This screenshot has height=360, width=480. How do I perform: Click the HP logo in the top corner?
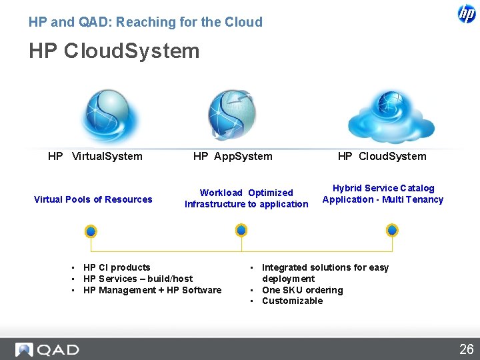tap(467, 13)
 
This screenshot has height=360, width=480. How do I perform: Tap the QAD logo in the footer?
tap(48, 349)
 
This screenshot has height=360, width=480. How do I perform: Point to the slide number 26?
tap(466, 349)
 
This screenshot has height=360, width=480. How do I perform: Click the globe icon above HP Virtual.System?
tap(109, 115)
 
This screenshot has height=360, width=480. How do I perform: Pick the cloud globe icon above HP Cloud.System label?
tap(391, 115)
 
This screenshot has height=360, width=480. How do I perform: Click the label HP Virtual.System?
tap(95, 156)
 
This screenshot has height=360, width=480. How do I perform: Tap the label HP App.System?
tap(233, 156)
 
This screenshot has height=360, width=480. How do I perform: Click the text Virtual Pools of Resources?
tap(93, 199)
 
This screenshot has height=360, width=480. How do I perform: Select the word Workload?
tap(221, 193)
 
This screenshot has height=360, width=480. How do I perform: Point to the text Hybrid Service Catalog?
tap(383, 188)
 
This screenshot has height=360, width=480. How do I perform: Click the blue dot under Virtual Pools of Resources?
tap(91, 231)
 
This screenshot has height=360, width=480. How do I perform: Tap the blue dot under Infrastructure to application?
tap(241, 230)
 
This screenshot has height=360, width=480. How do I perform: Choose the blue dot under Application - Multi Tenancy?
tap(393, 230)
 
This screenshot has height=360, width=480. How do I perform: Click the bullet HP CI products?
tap(117, 267)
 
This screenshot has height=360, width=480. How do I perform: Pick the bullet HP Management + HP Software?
tap(152, 290)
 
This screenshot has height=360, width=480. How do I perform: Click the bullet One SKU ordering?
tap(302, 290)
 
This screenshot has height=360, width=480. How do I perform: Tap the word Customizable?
tap(292, 301)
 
